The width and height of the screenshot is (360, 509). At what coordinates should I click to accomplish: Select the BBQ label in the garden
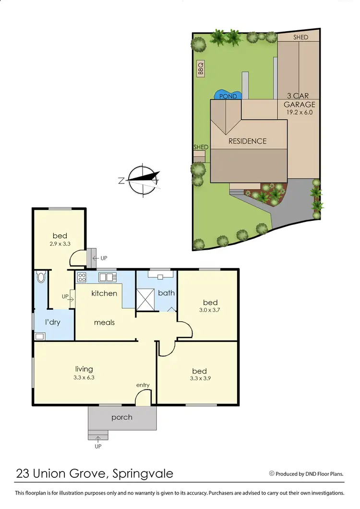coord(201,69)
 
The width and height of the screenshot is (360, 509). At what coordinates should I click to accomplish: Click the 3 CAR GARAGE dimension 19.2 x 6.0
coord(300,112)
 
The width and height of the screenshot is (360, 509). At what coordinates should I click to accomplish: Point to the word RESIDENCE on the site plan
coord(247,141)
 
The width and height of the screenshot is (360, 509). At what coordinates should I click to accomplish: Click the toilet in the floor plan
coord(40,277)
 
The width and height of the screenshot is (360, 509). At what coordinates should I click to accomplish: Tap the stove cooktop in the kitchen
coord(82,277)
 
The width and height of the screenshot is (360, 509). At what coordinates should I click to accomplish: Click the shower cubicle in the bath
coord(145,300)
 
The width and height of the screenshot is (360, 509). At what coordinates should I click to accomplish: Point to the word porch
coord(122,417)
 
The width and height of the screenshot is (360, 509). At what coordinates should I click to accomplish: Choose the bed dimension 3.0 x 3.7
coord(210,310)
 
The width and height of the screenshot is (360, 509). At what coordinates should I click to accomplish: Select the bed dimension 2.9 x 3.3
coord(60,244)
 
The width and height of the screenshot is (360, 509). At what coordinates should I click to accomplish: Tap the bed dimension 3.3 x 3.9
coord(199,379)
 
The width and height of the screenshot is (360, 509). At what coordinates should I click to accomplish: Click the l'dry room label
coord(52,322)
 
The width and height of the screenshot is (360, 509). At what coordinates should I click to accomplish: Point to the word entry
coord(143,385)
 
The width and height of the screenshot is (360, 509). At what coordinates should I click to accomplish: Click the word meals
coord(104,322)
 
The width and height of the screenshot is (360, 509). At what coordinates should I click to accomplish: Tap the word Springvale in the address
coord(143,474)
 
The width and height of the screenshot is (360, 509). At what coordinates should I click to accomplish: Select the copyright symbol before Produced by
coord(272,473)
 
